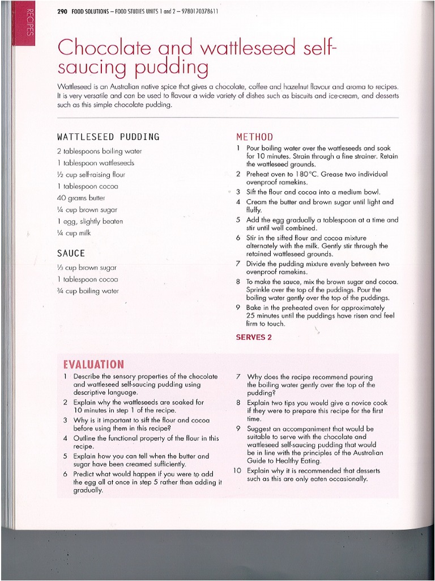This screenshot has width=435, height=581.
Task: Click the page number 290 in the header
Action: point(62,11)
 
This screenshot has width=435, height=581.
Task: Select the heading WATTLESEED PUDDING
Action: point(108,137)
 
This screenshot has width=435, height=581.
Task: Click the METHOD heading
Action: point(254,137)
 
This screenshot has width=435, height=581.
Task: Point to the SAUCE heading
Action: point(71,253)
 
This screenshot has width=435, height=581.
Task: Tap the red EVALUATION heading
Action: point(94,364)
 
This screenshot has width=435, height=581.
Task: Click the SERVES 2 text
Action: point(254,337)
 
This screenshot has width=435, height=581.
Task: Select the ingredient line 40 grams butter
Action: point(81,198)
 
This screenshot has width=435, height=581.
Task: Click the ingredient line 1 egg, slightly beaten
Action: point(89,221)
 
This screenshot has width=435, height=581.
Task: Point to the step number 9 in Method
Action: point(238,308)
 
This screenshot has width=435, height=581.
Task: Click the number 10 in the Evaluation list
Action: point(237,471)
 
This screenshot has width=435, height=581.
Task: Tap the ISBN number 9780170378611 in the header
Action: point(192,11)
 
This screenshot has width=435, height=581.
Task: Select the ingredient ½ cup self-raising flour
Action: point(91,175)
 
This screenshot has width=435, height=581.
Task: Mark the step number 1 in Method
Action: point(238,148)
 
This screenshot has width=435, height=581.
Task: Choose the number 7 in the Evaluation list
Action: point(238,377)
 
